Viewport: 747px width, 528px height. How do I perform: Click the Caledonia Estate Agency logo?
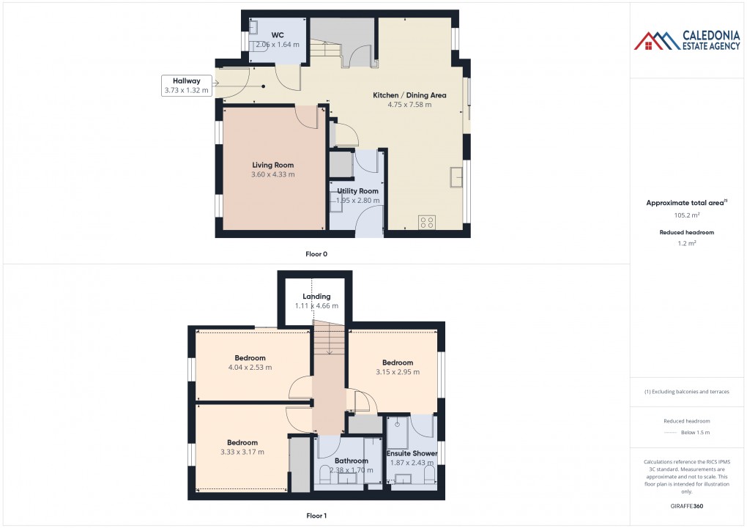coord(686,40)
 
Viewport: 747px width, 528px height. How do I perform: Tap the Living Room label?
coord(273,165)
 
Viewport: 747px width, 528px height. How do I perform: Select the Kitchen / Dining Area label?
coord(409,95)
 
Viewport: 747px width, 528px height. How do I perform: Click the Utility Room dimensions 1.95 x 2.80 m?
coord(358,201)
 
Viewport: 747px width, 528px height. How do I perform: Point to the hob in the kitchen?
coord(427,221)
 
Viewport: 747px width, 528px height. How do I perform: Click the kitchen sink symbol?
coord(458,176)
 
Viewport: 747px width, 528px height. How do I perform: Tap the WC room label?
coord(278,34)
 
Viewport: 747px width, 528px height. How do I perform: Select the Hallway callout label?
coord(187,81)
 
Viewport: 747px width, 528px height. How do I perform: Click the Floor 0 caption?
coord(316,254)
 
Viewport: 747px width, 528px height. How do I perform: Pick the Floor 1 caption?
coord(316,516)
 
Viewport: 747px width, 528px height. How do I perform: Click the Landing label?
coord(316,297)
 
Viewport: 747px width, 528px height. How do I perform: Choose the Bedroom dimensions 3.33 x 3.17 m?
coord(242,452)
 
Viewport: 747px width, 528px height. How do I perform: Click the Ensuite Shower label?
coord(412,453)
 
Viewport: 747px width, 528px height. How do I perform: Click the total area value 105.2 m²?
coord(687,215)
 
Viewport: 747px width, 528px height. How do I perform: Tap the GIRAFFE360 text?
coord(687,505)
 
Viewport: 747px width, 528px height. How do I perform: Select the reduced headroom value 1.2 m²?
coord(687,242)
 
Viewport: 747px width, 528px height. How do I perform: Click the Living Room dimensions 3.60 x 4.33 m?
coord(273,174)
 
